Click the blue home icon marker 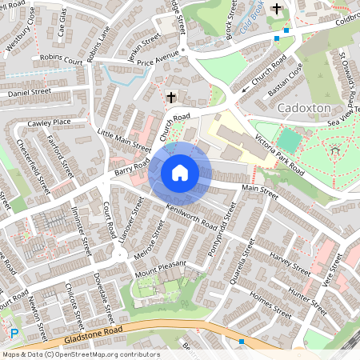pyautogui.click(x=180, y=173)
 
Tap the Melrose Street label pyautogui.click(x=152, y=235)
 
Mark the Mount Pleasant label pyautogui.click(x=161, y=268)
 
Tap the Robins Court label pyautogui.click(x=62, y=60)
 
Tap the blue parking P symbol pyautogui.click(x=14, y=334)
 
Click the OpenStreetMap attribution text pyautogui.click(x=80, y=354)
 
